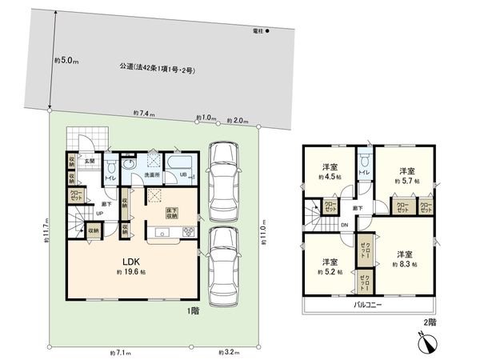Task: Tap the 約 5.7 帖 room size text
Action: coord(406,182)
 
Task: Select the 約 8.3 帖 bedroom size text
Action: coord(406,264)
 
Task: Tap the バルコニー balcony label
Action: coord(370,306)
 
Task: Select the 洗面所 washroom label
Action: coord(153,174)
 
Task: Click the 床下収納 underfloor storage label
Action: coord(170,213)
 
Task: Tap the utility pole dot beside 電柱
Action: coord(269,32)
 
